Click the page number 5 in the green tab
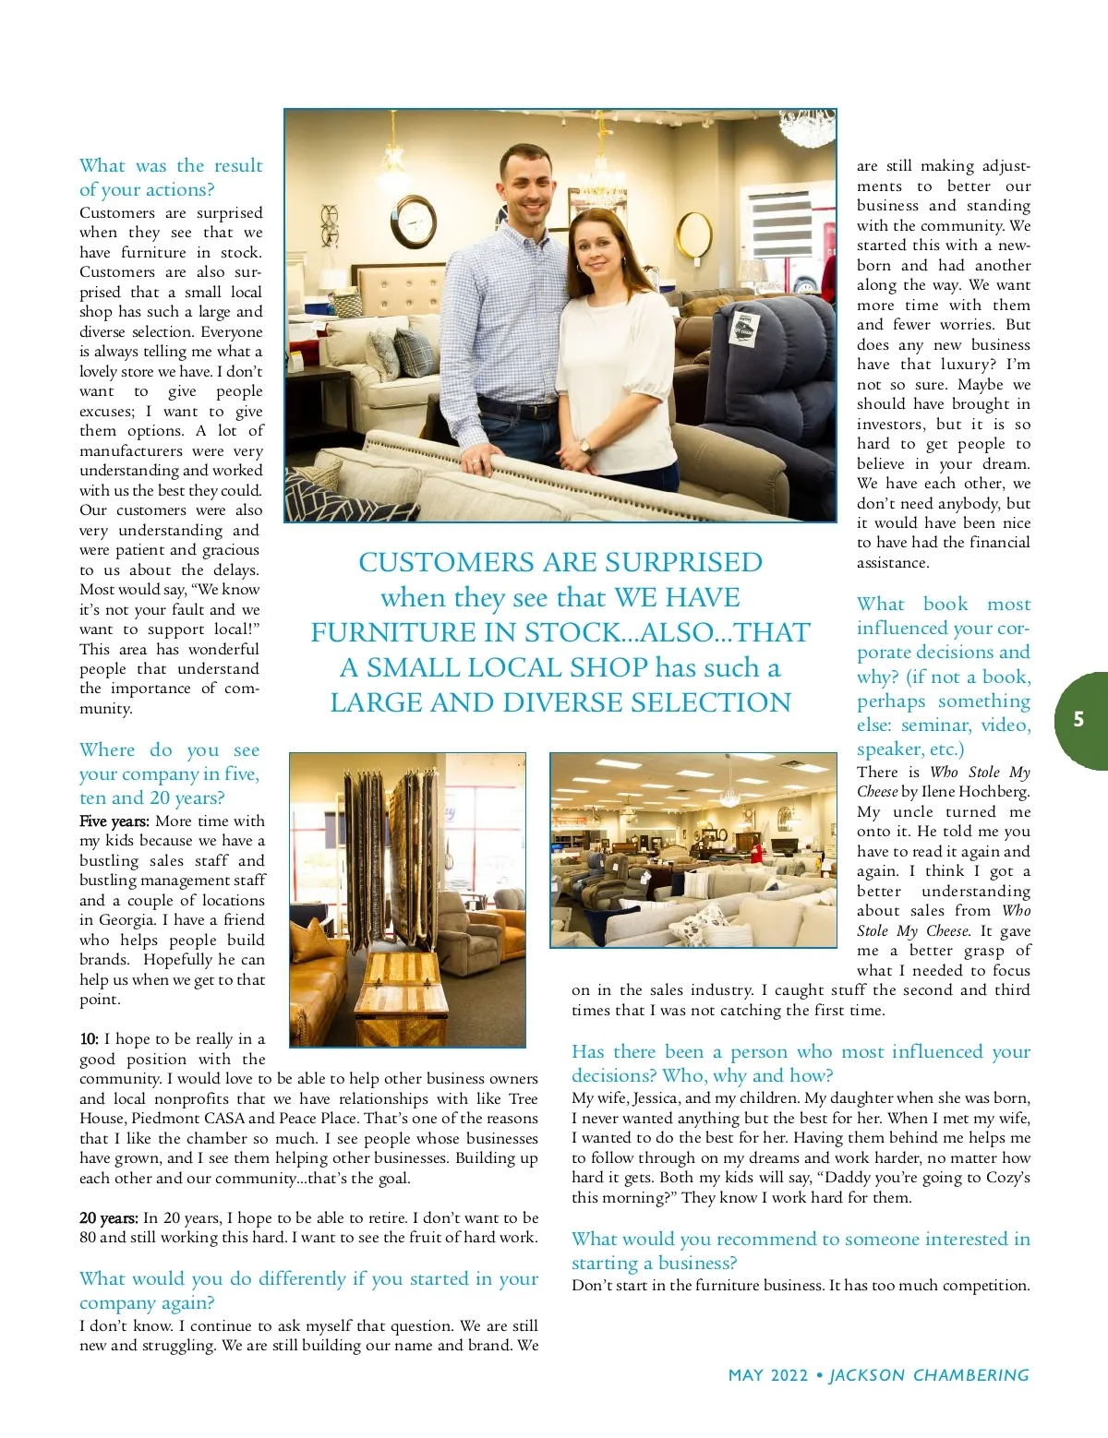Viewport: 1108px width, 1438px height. tap(1078, 720)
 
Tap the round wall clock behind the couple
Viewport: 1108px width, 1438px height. tap(414, 223)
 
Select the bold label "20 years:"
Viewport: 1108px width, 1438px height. tap(109, 1218)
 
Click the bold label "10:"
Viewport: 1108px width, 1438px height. tap(89, 1039)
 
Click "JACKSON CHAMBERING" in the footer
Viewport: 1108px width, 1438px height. tap(929, 1375)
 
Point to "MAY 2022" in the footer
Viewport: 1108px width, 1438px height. tap(768, 1375)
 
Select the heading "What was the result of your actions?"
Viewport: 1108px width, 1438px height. tap(171, 177)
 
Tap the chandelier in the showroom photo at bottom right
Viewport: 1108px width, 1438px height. tap(729, 794)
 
